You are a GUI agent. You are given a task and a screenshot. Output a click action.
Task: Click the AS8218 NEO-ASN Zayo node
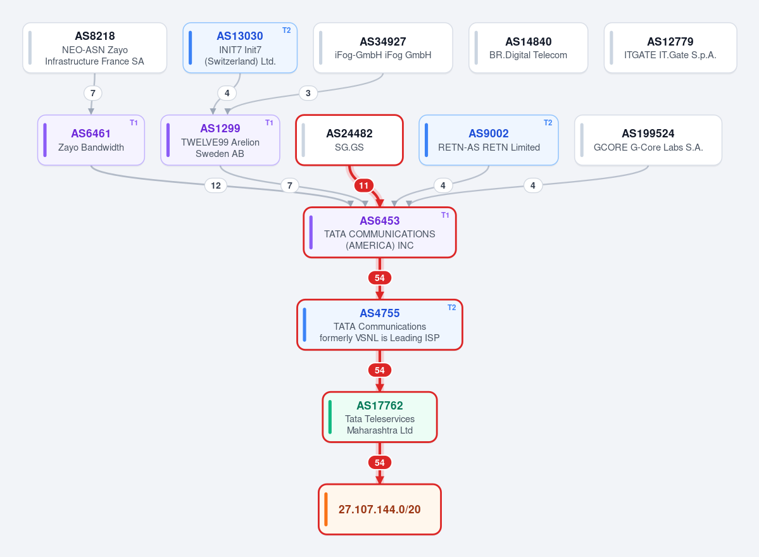95,48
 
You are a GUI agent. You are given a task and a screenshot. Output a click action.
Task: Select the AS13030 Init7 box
240,48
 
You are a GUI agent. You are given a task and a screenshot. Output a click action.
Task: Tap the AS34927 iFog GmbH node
383,48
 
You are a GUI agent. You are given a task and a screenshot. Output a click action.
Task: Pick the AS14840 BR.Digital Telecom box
528,48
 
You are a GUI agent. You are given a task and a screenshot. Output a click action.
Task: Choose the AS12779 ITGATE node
670,48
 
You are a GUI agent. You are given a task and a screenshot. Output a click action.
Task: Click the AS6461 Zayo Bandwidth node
91,141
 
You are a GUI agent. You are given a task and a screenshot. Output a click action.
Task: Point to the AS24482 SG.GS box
349,141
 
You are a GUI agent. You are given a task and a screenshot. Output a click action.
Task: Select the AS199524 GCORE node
648,141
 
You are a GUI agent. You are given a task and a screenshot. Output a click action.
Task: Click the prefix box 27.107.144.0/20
380,510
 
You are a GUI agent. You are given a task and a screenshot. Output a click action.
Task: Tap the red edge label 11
364,185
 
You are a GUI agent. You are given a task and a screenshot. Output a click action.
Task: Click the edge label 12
216,185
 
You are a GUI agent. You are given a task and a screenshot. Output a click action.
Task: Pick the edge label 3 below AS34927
308,93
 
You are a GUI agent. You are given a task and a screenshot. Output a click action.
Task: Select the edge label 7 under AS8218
93,93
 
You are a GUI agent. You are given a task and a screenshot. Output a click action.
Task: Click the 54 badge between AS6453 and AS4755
380,278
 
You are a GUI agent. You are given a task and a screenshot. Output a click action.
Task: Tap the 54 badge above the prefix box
380,463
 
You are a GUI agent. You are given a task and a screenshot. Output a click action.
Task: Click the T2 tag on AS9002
548,123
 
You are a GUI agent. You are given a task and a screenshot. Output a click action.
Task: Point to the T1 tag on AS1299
269,123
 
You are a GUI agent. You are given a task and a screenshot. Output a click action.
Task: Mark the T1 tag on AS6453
445,215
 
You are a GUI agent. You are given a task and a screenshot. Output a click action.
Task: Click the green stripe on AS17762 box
330,417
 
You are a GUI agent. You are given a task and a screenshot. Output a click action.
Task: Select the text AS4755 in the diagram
380,313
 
